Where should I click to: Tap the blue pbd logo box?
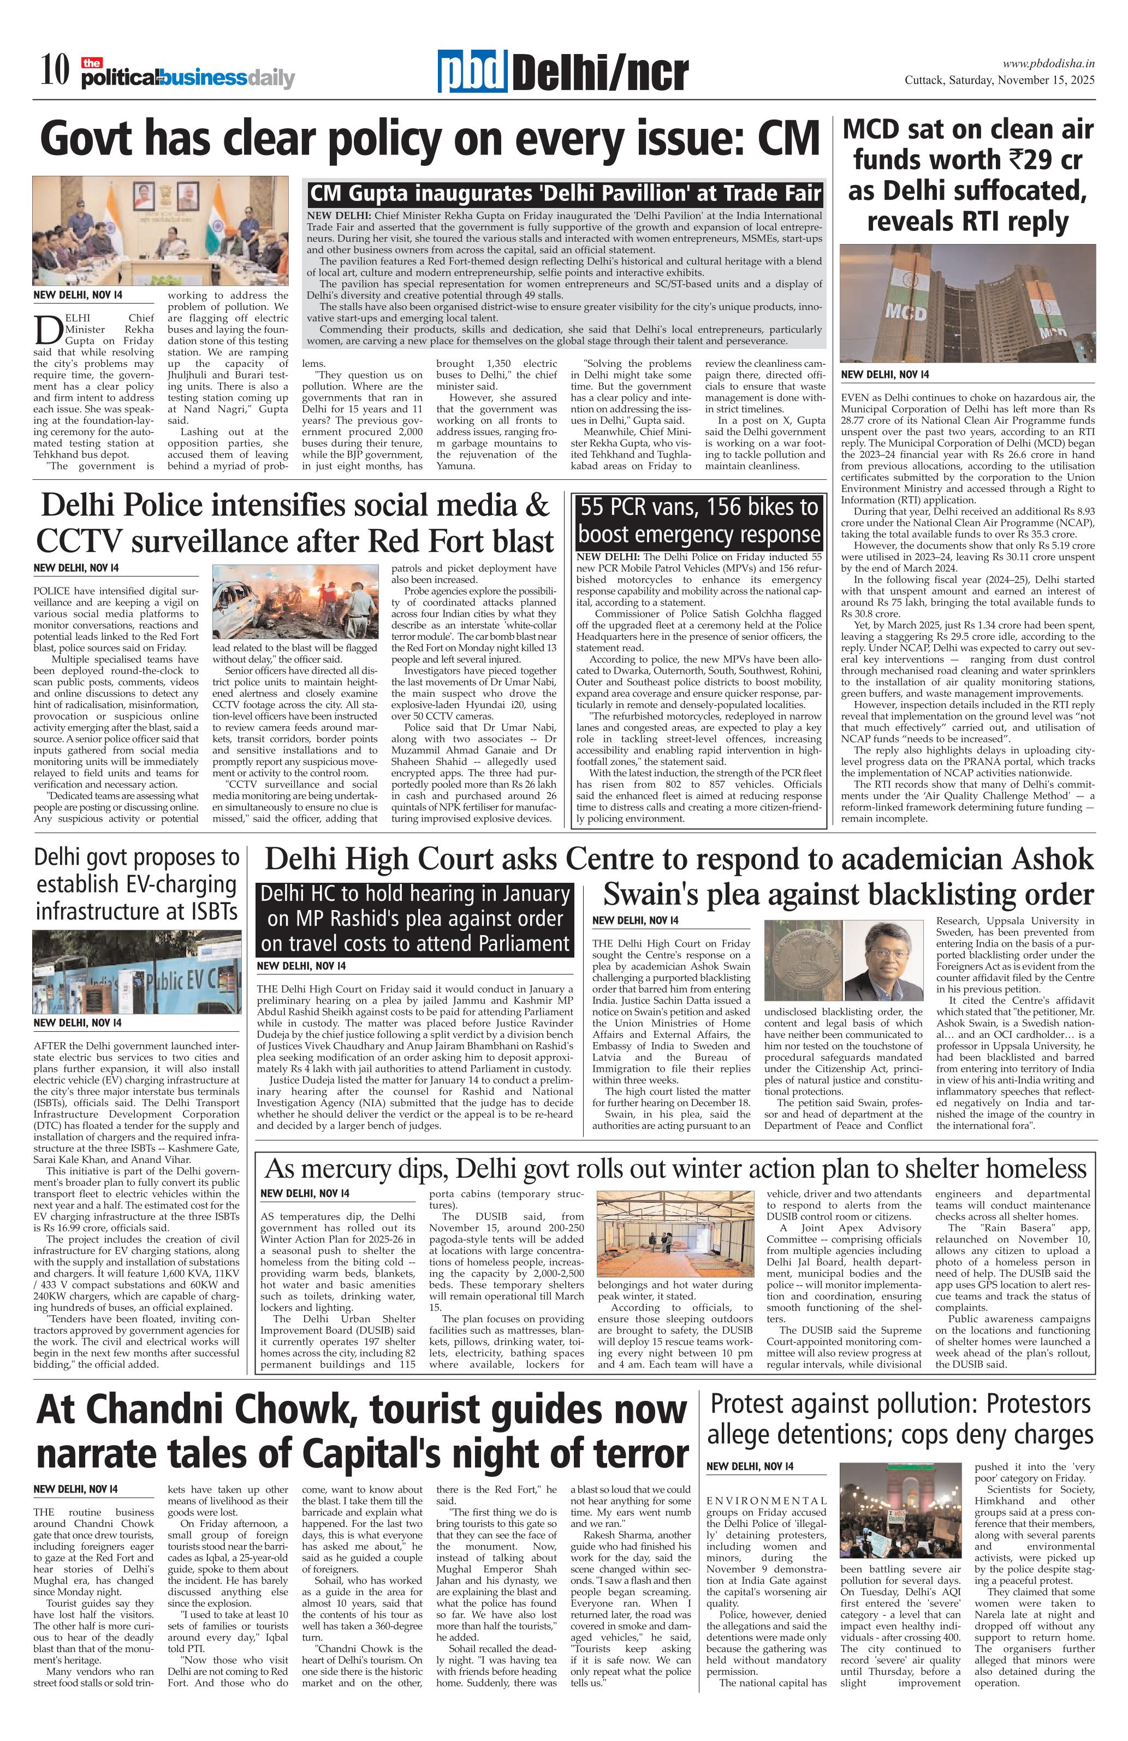tap(473, 73)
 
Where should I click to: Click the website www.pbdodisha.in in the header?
tap(1048, 64)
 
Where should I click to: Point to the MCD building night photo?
tap(967, 304)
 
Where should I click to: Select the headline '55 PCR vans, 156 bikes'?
tap(699, 520)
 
